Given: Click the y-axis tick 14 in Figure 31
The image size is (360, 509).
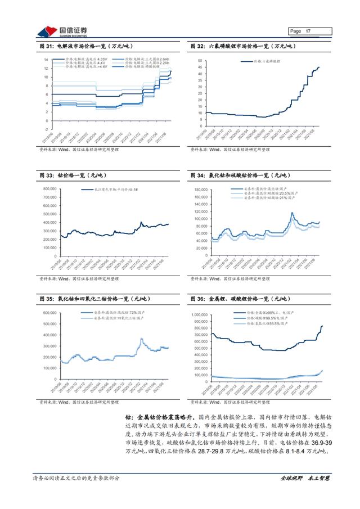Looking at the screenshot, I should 46,59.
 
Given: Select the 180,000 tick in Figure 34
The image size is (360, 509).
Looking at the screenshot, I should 201,190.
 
